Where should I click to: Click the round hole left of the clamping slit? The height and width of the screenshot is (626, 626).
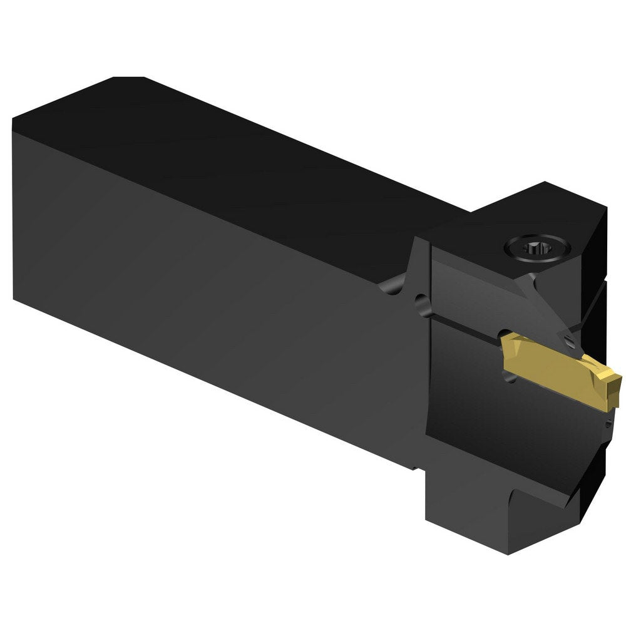pyautogui.click(x=424, y=305)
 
